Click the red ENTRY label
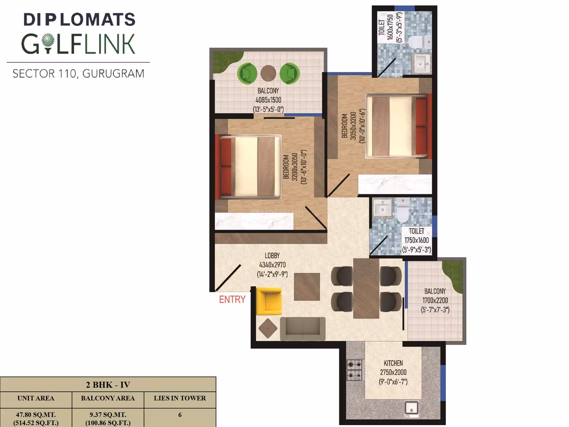click(232, 299)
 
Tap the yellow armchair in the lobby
click(269, 301)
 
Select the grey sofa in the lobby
click(303, 329)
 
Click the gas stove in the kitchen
click(355, 370)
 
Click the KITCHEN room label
click(393, 363)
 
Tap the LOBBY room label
click(272, 256)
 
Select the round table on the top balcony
click(268, 73)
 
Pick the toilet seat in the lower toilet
click(402, 210)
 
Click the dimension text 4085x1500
click(268, 100)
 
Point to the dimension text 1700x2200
click(435, 300)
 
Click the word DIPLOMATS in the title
click(79, 20)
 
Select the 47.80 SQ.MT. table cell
click(36, 414)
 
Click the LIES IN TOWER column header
click(180, 399)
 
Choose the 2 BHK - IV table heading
click(108, 385)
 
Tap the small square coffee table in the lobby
click(307, 287)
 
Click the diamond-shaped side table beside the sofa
click(268, 328)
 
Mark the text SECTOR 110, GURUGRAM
click(78, 74)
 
